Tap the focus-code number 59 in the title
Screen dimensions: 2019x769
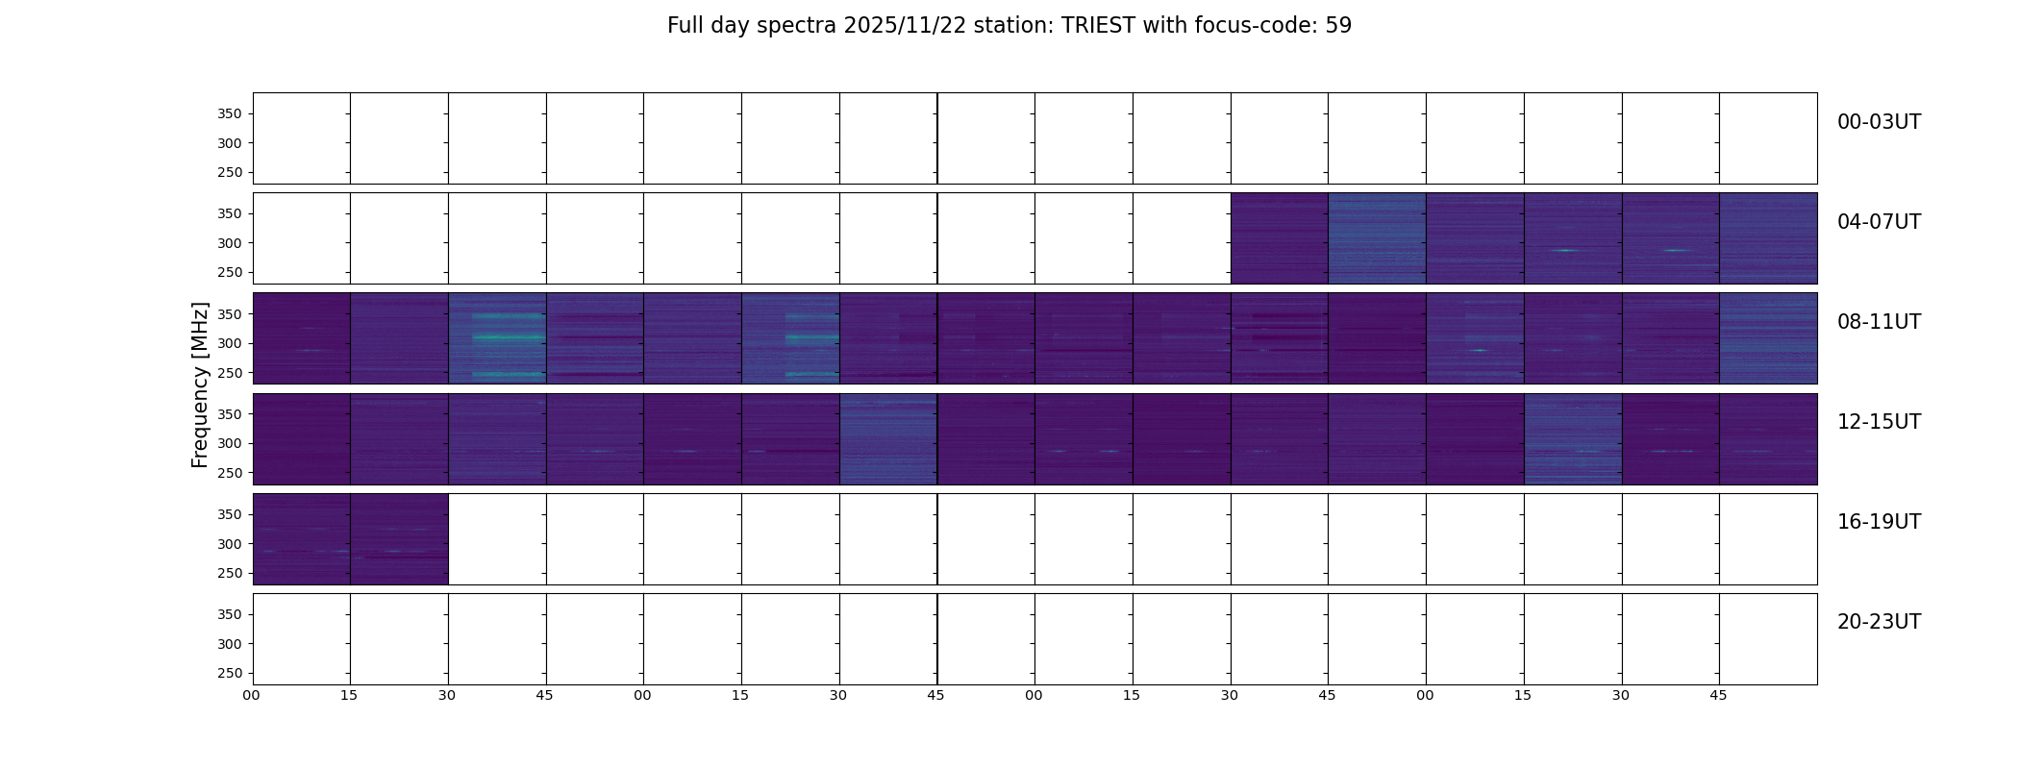(1338, 26)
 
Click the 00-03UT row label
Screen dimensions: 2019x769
(1879, 122)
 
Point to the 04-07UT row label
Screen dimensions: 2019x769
(1879, 222)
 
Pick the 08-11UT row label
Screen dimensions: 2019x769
(1879, 322)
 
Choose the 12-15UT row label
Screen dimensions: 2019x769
(1879, 422)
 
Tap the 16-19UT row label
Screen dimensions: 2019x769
(1879, 522)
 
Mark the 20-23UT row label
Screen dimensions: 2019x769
(1879, 622)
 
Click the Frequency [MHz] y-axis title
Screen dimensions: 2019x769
(200, 384)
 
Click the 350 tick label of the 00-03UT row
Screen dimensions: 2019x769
(229, 114)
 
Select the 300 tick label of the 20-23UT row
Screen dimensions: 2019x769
(229, 644)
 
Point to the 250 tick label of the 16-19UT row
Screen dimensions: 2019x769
(229, 573)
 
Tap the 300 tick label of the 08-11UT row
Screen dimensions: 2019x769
(229, 343)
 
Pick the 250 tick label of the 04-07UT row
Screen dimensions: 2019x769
(229, 273)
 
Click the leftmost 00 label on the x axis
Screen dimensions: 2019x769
(251, 695)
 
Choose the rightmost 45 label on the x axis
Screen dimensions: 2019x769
(1718, 695)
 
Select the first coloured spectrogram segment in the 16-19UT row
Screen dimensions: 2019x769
(302, 539)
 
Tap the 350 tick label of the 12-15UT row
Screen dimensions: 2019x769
(229, 414)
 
